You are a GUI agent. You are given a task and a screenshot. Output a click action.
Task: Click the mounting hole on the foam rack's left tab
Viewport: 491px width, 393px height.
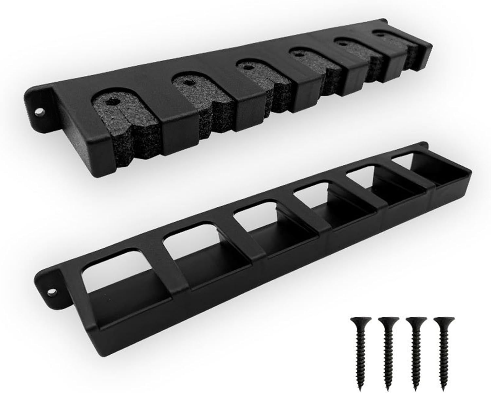40,112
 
